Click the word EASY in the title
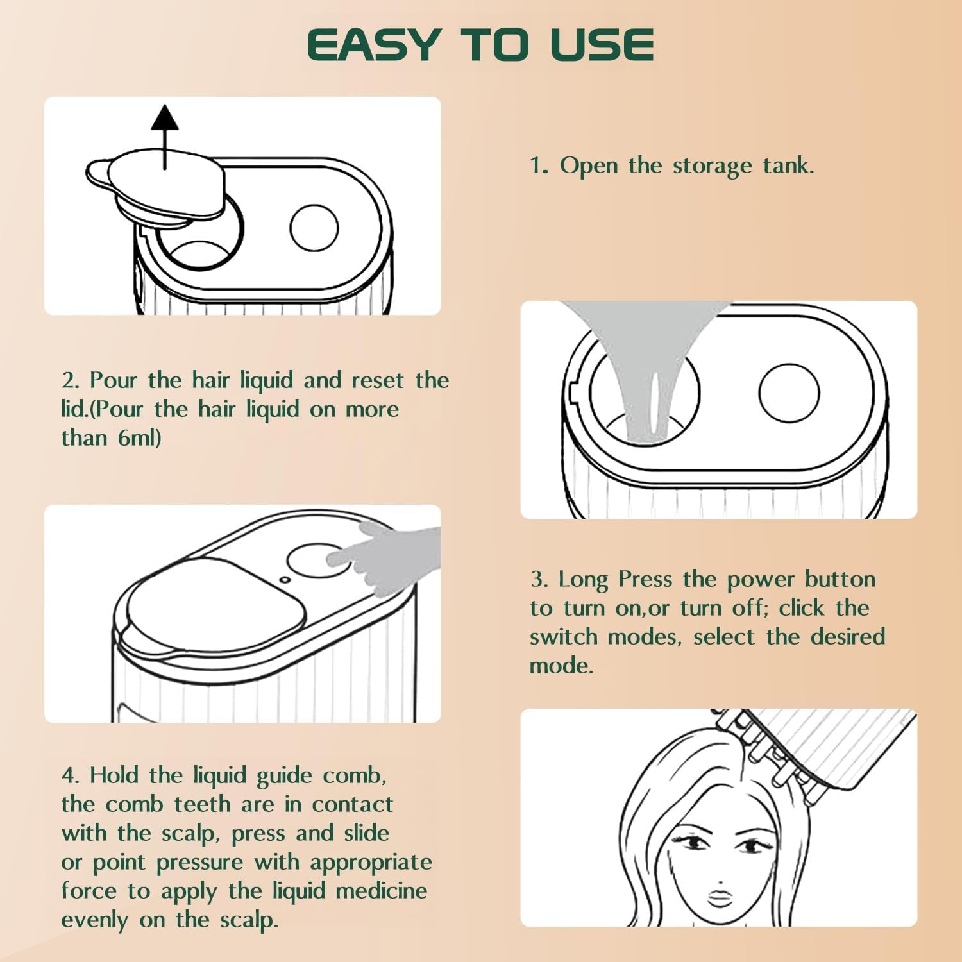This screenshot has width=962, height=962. pos(373,45)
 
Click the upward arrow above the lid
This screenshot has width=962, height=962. pos(165,137)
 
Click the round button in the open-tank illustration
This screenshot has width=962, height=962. pos(314,228)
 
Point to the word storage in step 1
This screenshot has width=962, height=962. pos(712,166)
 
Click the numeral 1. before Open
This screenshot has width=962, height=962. pos(539,166)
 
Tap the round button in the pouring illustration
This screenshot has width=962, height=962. pos(789,393)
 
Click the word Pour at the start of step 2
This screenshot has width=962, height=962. pos(113,380)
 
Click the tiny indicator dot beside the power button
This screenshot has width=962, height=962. pos(285,580)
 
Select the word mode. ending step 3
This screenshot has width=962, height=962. pos(561,666)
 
